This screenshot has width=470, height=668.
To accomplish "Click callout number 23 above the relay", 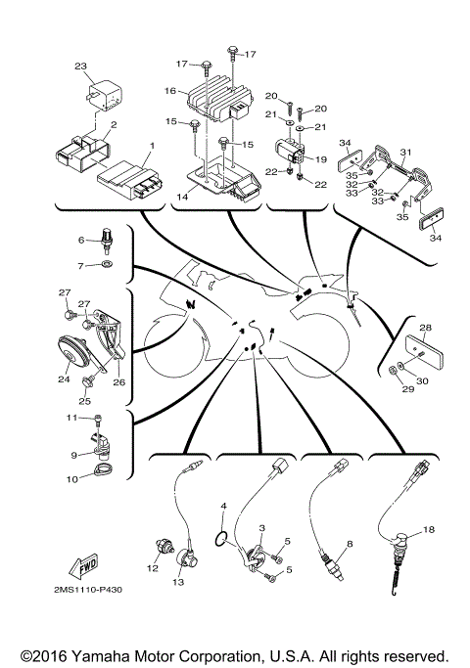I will (x=80, y=67).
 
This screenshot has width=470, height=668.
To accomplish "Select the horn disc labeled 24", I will (x=71, y=352).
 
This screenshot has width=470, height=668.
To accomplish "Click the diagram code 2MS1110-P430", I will (x=95, y=591).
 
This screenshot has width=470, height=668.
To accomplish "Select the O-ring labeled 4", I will (x=224, y=535).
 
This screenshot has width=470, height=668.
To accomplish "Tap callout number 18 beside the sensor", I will (x=428, y=529).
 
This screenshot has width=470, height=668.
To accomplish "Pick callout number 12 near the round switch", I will (x=152, y=568).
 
